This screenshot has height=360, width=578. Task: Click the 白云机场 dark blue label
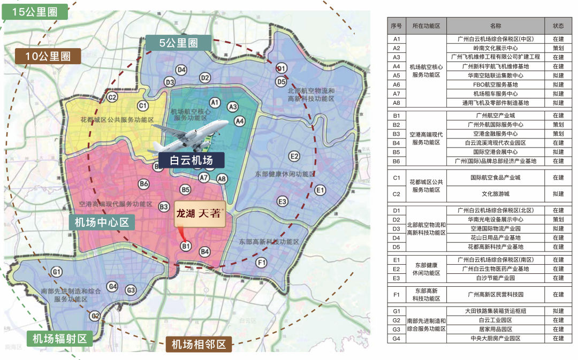coord(191,160)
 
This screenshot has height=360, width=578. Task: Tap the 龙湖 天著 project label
coord(199,213)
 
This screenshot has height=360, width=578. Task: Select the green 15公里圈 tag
coord(36,11)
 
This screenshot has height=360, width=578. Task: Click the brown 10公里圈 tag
coord(48,56)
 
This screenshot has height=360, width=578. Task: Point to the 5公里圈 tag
coord(178,42)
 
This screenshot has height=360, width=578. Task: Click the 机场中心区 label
coord(102,223)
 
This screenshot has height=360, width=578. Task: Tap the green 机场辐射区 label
coord(59,338)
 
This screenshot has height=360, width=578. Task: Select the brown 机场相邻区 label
coord(199,344)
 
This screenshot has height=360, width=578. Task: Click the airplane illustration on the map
coord(190,133)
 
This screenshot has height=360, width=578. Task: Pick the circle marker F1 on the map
coord(261,263)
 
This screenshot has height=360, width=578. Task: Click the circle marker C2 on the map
coord(112,97)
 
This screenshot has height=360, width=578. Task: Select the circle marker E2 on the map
coord(294,156)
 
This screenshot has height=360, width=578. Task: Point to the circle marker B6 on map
coord(144,184)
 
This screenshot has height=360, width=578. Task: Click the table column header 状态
coord(558,26)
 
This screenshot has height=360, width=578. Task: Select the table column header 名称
coord(495,26)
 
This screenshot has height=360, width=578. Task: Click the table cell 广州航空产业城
coord(495,116)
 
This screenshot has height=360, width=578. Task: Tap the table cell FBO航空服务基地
coord(495,85)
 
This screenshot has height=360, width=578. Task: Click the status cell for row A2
coord(558,48)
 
